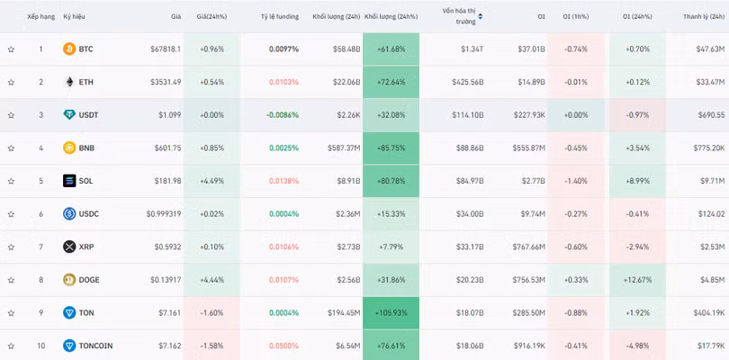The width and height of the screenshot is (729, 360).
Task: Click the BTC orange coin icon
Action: click(x=69, y=49)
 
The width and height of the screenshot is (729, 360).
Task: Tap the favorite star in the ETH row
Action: click(x=11, y=82)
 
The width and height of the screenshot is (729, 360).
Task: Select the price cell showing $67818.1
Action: click(x=166, y=49)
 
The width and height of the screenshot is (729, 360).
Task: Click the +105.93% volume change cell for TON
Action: click(x=391, y=313)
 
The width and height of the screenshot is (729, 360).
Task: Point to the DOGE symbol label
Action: click(x=89, y=280)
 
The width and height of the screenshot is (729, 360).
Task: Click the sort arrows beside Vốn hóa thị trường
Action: click(x=481, y=16)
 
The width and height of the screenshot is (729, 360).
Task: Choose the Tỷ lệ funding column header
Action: click(x=280, y=17)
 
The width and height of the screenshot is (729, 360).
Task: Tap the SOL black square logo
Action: click(x=69, y=181)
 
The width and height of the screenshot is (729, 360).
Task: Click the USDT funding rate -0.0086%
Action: click(x=283, y=115)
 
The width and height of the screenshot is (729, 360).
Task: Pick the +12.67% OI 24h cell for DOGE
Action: click(x=637, y=280)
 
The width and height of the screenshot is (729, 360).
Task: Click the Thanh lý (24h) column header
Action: click(x=704, y=17)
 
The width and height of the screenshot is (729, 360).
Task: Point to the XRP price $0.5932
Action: click(x=167, y=247)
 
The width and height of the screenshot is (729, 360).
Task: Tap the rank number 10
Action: click(x=40, y=346)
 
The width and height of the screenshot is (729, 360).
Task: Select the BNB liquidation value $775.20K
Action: click(x=708, y=148)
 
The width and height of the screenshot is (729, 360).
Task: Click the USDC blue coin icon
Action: click(x=69, y=214)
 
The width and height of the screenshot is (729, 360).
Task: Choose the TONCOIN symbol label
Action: click(x=95, y=346)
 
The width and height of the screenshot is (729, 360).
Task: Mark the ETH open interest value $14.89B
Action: click(x=531, y=82)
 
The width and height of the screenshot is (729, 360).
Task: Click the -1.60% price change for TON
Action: click(x=212, y=313)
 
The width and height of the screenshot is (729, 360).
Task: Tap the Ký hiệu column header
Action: click(x=75, y=17)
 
